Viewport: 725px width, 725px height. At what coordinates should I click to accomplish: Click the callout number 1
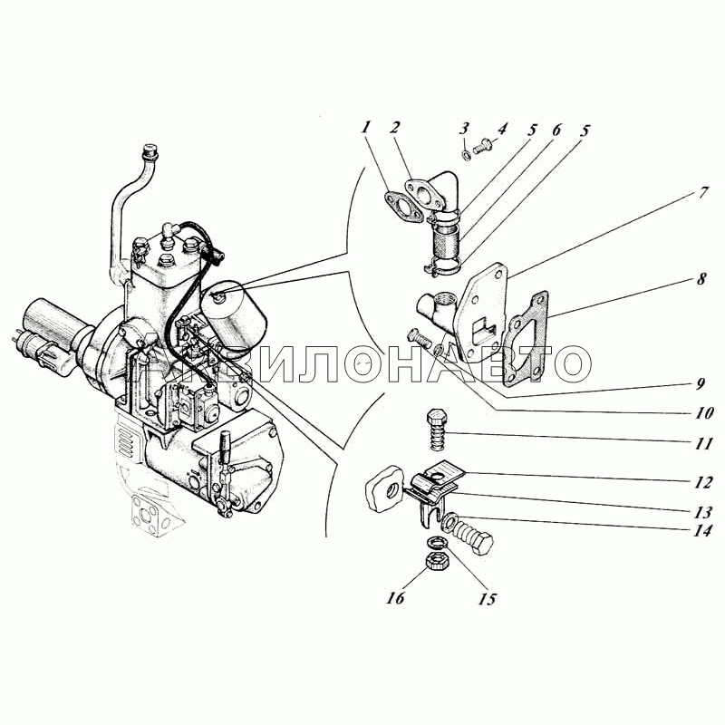pos(366,127)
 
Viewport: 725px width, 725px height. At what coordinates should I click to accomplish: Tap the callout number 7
pos(702,192)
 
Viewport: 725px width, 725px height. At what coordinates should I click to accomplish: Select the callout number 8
pos(701,278)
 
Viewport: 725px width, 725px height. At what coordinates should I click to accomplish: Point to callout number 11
pos(703,443)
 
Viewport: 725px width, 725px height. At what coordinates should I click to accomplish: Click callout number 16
pos(396,597)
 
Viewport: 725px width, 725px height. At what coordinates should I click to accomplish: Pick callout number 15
pos(488,599)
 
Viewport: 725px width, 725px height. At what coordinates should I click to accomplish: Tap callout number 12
pos(702,482)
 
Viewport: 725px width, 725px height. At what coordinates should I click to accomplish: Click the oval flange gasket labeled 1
pos(402,208)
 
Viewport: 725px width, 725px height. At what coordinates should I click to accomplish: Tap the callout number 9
pos(701,383)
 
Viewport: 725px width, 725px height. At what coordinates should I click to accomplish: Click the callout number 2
pos(394,128)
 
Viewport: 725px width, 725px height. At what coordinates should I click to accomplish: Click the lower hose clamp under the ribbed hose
pos(442,266)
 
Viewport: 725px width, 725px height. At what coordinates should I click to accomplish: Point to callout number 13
pos(703,512)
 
